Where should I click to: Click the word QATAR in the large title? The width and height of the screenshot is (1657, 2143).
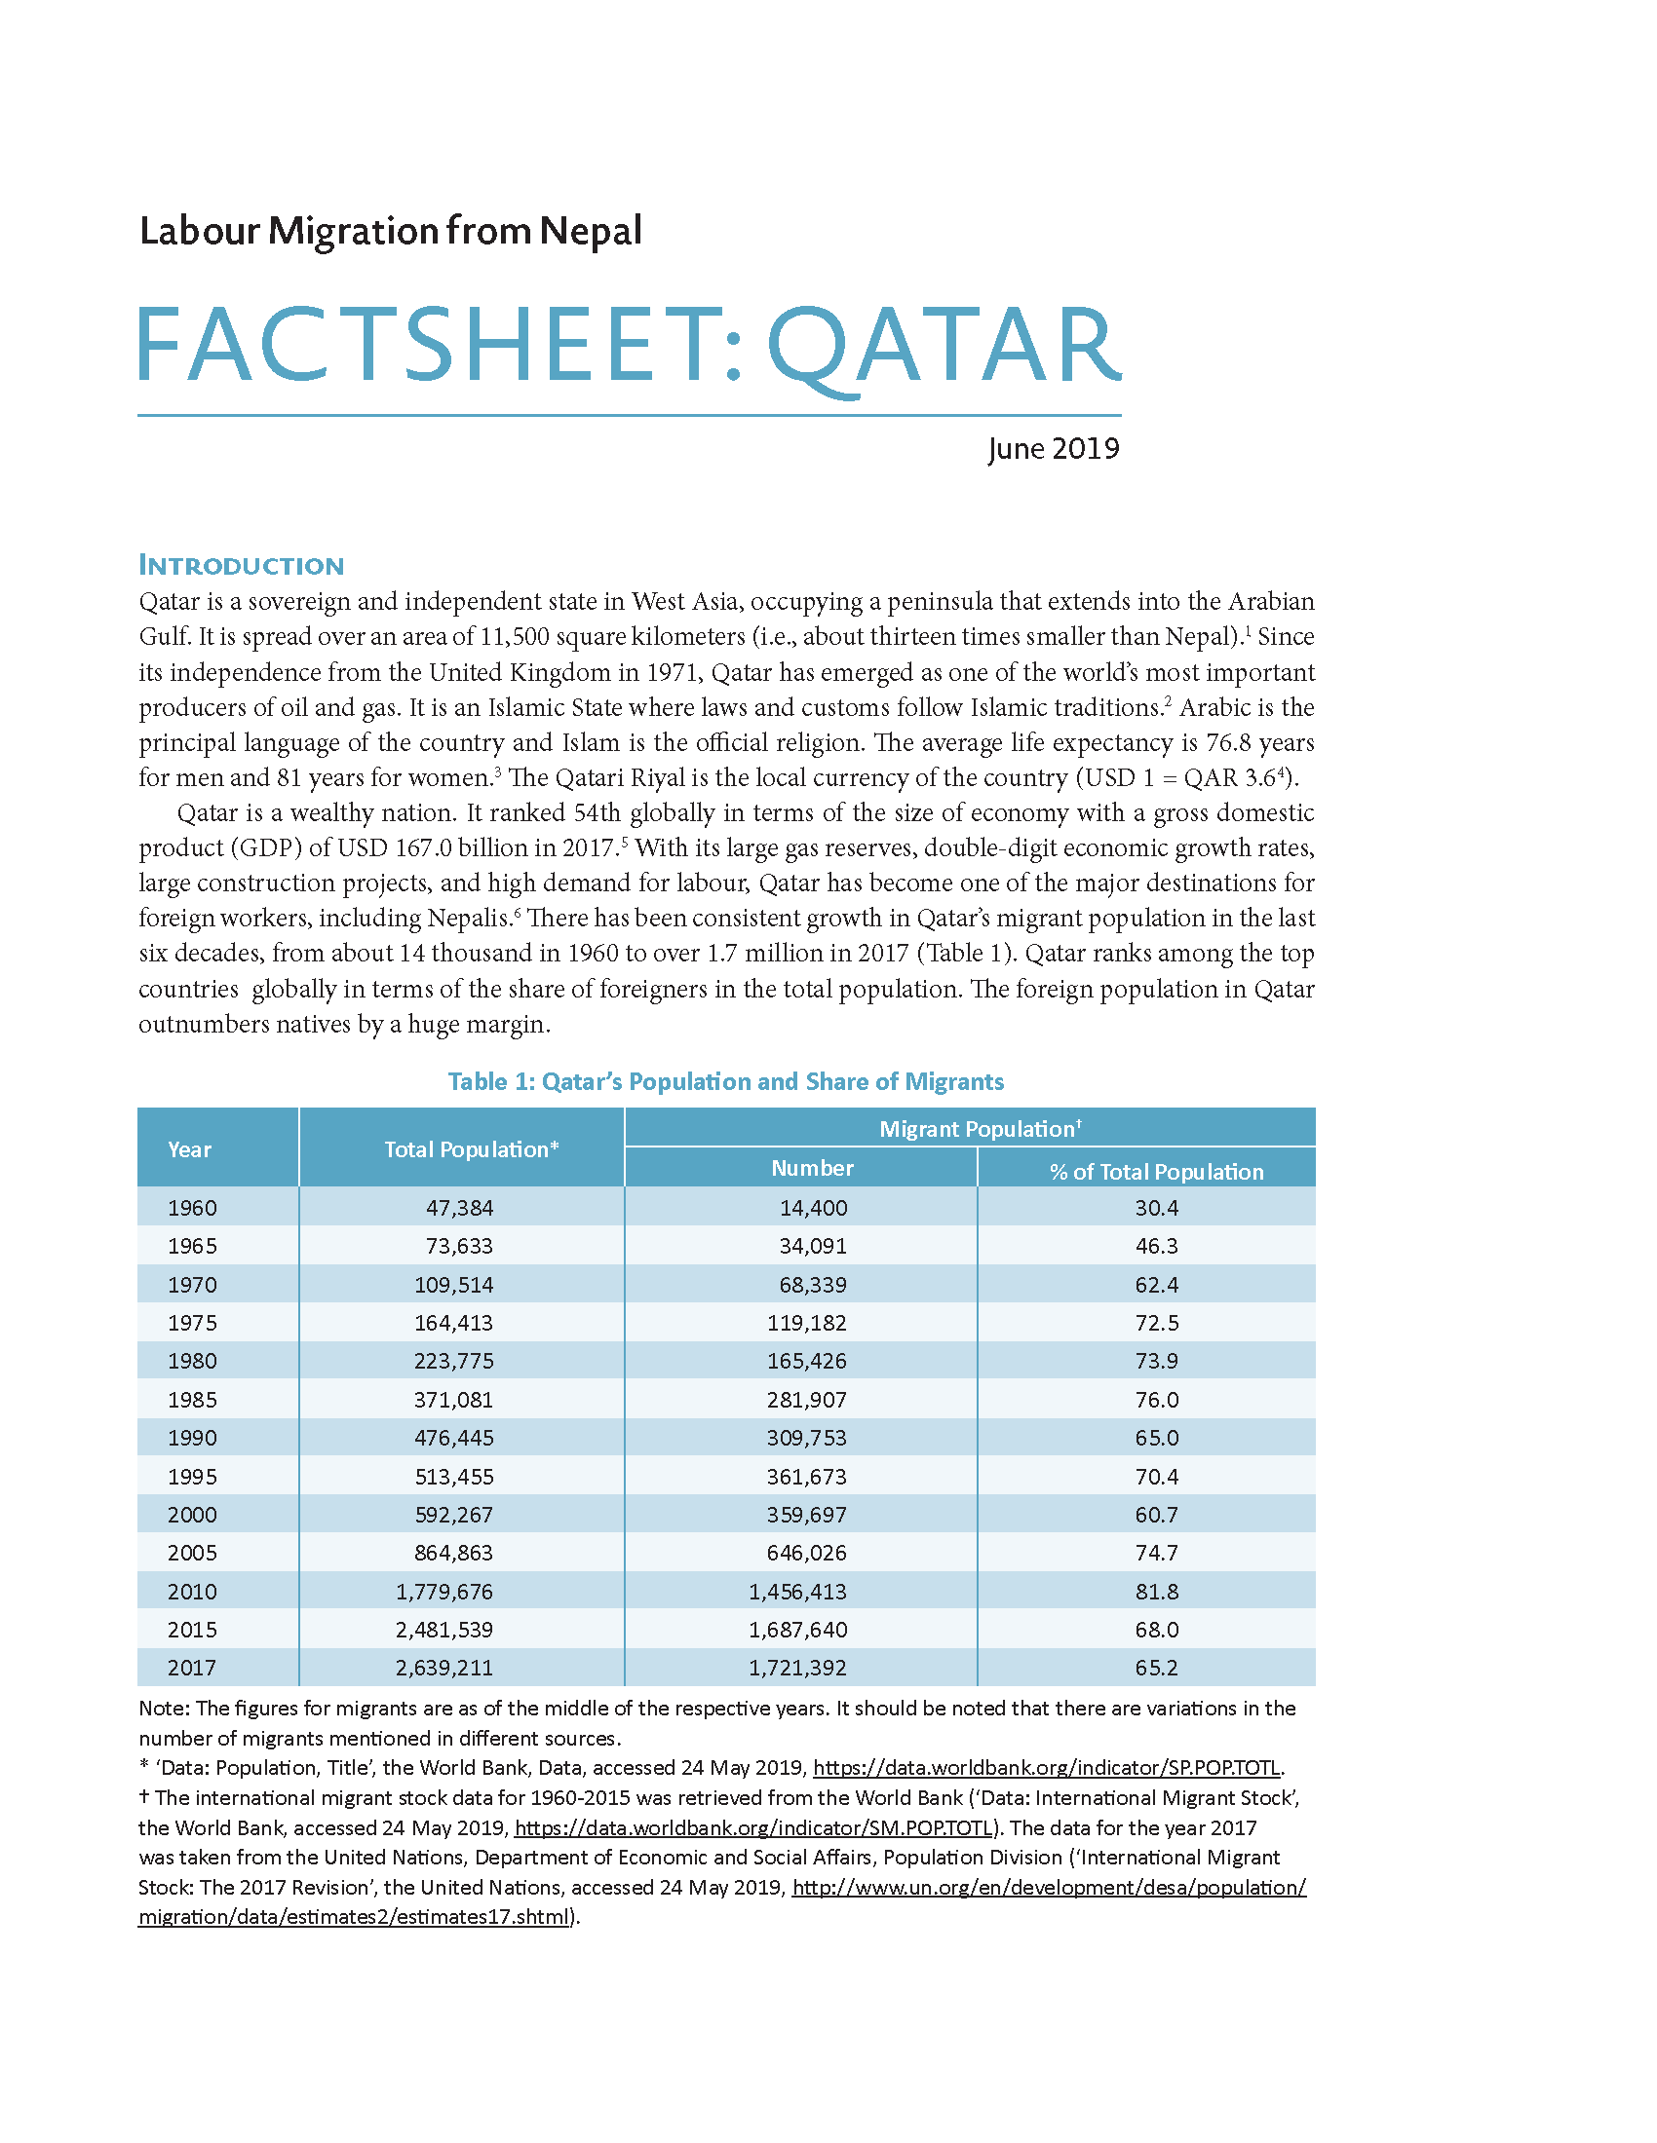point(943,346)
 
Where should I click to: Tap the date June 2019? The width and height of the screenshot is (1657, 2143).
point(1054,448)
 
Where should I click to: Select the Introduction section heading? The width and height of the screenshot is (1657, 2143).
point(242,565)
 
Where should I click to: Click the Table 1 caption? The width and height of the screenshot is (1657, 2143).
point(725,1081)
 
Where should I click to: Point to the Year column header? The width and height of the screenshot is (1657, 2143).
point(189,1149)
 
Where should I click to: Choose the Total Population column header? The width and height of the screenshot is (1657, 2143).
point(471,1149)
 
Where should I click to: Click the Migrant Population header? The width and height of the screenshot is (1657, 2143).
point(980,1128)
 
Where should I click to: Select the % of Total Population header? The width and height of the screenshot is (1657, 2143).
point(1156,1171)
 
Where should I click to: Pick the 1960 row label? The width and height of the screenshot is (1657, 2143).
point(192,1208)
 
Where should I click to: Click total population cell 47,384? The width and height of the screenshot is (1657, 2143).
point(459,1208)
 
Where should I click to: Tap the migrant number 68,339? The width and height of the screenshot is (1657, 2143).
point(813,1285)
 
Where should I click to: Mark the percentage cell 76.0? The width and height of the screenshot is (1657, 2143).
point(1156,1399)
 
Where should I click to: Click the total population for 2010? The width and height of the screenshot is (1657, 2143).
point(444,1592)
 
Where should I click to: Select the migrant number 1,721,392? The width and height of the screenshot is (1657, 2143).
point(797,1668)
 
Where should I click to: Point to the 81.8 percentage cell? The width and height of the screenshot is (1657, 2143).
point(1156,1592)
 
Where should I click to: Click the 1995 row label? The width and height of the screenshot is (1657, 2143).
point(192,1477)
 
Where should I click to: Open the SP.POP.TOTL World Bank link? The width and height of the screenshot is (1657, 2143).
point(1048,1767)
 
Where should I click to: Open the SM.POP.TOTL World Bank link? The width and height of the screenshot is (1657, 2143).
point(752,1827)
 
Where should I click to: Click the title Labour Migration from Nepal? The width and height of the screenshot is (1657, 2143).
point(391,232)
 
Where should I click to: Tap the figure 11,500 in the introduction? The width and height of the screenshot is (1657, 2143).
point(515,637)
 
